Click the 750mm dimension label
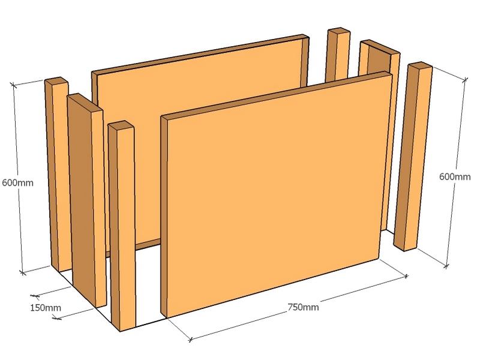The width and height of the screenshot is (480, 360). coord(303,307)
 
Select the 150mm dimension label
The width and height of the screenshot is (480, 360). coord(46,307)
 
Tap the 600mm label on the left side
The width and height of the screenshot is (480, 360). coord(18,183)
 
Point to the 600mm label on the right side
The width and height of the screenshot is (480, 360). coord(455,176)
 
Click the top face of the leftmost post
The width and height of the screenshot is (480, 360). coord(56,80)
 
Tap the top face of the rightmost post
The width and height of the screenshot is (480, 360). coord(421,65)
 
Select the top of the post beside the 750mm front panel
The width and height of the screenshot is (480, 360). coord(121,124)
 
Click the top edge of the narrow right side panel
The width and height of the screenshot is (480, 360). coord(380,47)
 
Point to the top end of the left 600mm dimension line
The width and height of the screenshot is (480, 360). coord(13,84)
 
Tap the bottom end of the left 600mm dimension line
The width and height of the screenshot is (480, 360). coord(22,272)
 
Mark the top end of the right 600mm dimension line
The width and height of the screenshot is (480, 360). coord(465,80)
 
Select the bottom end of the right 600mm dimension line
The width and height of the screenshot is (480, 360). coord(446,266)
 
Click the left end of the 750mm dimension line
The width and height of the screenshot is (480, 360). coord(190,340)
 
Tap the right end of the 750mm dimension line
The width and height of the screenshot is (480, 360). coord(406,277)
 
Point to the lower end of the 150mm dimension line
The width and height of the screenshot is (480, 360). coord(57,318)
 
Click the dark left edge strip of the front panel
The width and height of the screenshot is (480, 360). coord(164,217)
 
